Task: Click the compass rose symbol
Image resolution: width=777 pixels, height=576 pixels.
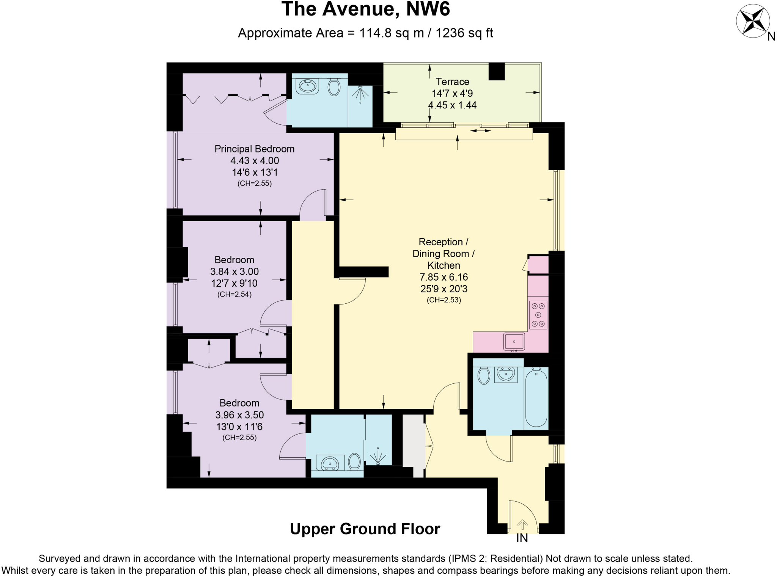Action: point(753,22)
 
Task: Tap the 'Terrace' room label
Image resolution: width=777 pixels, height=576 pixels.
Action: point(452,82)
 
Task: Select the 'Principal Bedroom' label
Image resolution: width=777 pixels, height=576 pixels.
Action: point(254,149)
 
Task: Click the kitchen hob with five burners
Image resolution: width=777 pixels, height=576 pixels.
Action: point(538,315)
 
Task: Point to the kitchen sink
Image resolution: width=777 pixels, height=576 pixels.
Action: point(514,341)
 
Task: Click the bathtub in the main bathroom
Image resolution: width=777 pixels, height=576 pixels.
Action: point(536,398)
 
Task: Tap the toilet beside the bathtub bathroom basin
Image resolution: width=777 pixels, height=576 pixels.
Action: point(483,375)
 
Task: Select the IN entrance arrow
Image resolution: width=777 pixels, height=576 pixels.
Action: point(522,525)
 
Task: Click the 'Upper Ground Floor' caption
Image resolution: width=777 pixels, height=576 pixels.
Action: point(365,529)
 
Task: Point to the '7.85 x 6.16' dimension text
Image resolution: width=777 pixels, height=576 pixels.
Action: point(444,277)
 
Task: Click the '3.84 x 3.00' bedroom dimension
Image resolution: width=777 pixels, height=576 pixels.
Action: point(234,272)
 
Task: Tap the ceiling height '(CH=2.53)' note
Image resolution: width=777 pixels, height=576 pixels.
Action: point(444,300)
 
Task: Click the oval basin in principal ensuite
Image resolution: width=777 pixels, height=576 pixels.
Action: point(308,86)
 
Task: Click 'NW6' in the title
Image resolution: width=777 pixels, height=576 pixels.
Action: point(428,9)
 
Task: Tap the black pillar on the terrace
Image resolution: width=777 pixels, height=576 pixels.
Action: point(497,71)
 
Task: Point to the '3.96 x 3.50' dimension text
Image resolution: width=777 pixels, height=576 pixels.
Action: point(239,415)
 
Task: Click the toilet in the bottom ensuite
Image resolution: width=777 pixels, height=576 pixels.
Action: point(355,461)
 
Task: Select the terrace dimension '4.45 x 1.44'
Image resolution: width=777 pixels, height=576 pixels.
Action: point(452,105)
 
